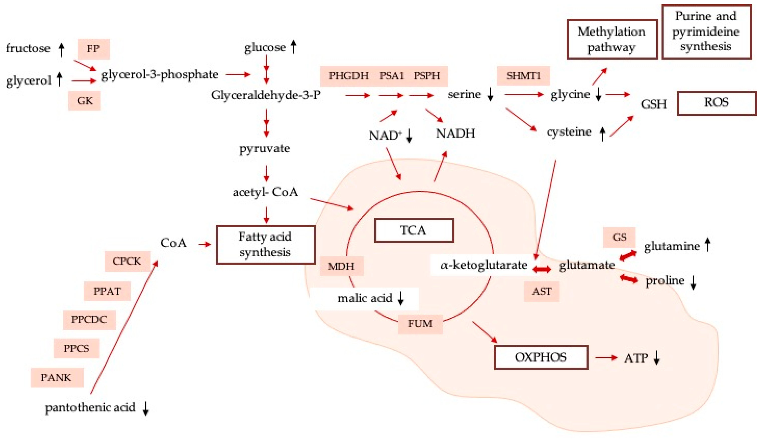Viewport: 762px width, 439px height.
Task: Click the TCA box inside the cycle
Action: [414, 230]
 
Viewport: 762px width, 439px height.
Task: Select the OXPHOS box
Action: [541, 357]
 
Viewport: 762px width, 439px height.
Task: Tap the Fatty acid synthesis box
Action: [266, 245]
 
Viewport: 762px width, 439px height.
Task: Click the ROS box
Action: [716, 103]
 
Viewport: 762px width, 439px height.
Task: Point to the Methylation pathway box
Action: [612, 39]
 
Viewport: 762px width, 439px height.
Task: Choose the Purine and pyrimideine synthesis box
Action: [706, 31]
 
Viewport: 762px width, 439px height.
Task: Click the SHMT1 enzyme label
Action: [523, 76]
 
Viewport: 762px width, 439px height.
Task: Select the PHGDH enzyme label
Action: [348, 76]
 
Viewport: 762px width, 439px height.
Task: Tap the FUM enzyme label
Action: [420, 324]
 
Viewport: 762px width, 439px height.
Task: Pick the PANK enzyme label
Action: [56, 378]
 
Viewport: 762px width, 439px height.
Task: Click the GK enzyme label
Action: [85, 101]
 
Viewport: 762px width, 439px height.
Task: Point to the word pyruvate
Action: [265, 148]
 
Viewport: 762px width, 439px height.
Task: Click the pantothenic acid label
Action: [90, 408]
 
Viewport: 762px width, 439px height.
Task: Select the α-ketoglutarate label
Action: [483, 265]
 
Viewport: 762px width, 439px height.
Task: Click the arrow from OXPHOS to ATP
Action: [606, 358]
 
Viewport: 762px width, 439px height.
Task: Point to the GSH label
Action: [654, 104]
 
